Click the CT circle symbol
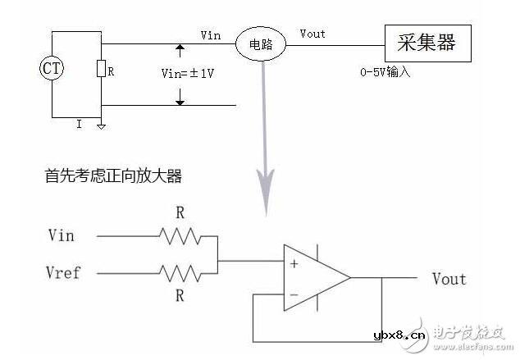(52, 69)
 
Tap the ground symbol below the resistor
(100, 126)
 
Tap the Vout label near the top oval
(312, 34)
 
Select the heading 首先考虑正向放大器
(112, 175)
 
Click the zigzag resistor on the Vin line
(180, 237)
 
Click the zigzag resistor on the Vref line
(180, 272)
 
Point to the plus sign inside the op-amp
(293, 263)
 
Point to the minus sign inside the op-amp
(293, 293)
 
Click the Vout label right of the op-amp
(449, 279)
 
